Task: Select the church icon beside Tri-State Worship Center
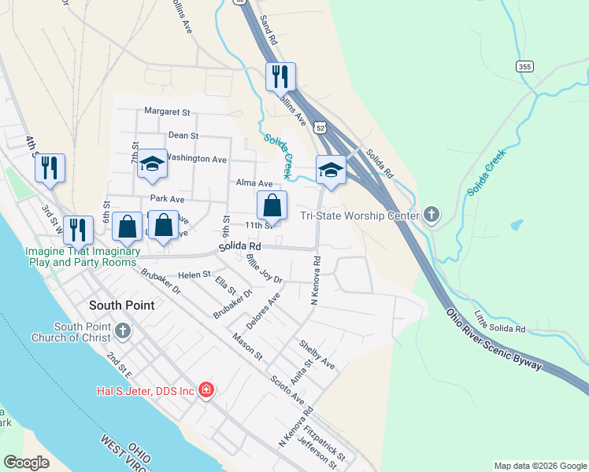431,214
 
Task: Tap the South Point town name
121,304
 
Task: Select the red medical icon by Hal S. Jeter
206,389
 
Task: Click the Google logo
27,462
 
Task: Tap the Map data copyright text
539,466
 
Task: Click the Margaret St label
167,112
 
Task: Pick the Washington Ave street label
197,158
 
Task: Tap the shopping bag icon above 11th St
272,206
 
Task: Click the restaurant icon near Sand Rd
280,77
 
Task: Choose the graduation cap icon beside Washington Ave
153,164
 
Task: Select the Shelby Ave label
317,355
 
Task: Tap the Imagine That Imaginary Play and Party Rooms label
82,256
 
